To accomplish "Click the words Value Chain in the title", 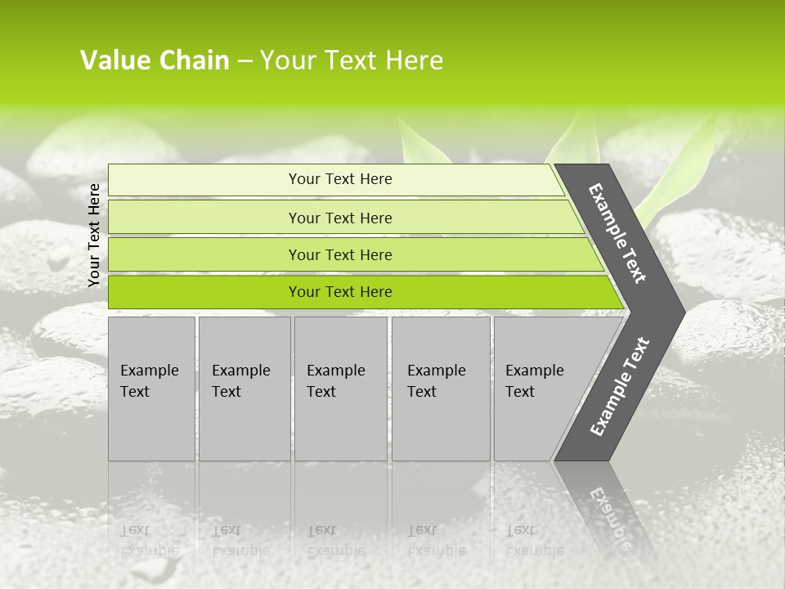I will [x=155, y=61].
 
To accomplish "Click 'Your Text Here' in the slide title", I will [x=352, y=61].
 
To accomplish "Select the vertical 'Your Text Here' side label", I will [x=94, y=235].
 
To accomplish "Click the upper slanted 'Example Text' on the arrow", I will [x=617, y=233].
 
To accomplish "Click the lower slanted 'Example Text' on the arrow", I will [x=619, y=387].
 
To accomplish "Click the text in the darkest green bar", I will [x=340, y=292].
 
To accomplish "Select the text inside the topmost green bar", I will [x=340, y=179].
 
